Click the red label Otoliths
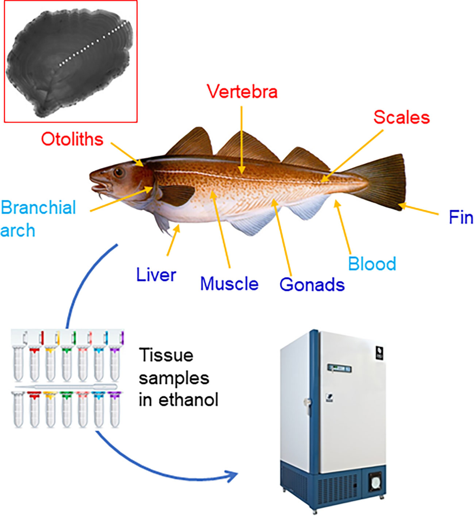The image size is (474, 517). click(72, 139)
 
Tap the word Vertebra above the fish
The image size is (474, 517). click(242, 92)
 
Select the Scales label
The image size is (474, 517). click(401, 117)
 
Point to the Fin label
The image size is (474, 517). click(461, 217)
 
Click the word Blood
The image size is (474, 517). click(372, 264)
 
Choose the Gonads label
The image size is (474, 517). click(312, 285)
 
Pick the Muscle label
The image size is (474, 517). click(229, 284)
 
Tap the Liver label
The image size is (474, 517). click(156, 275)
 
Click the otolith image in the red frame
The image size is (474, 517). click(70, 61)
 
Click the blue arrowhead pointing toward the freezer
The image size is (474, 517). click(232, 475)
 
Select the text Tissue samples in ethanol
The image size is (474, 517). click(178, 377)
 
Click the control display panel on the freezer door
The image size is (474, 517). click(339, 369)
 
